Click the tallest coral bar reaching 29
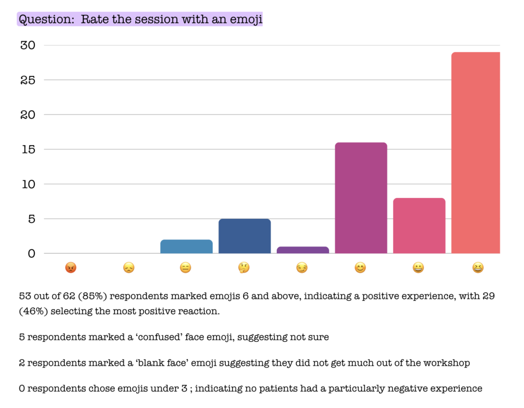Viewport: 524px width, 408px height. click(475, 153)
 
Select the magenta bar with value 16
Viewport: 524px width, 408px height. click(361, 198)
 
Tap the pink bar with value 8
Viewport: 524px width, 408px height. click(419, 226)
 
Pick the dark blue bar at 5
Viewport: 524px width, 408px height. click(245, 236)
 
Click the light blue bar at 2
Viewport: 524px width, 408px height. click(186, 247)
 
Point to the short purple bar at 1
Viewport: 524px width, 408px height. click(303, 250)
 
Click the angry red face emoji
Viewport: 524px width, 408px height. click(71, 268)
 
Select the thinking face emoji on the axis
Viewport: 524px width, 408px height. click(244, 268)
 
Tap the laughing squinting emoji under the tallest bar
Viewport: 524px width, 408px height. click(478, 268)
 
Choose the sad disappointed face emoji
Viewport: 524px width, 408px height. click(128, 268)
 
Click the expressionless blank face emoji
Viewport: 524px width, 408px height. click(185, 268)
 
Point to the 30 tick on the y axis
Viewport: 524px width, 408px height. click(28, 45)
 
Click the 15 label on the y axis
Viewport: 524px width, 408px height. click(29, 149)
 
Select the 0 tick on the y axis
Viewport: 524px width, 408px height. click(31, 253)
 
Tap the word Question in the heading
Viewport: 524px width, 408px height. click(47, 19)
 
